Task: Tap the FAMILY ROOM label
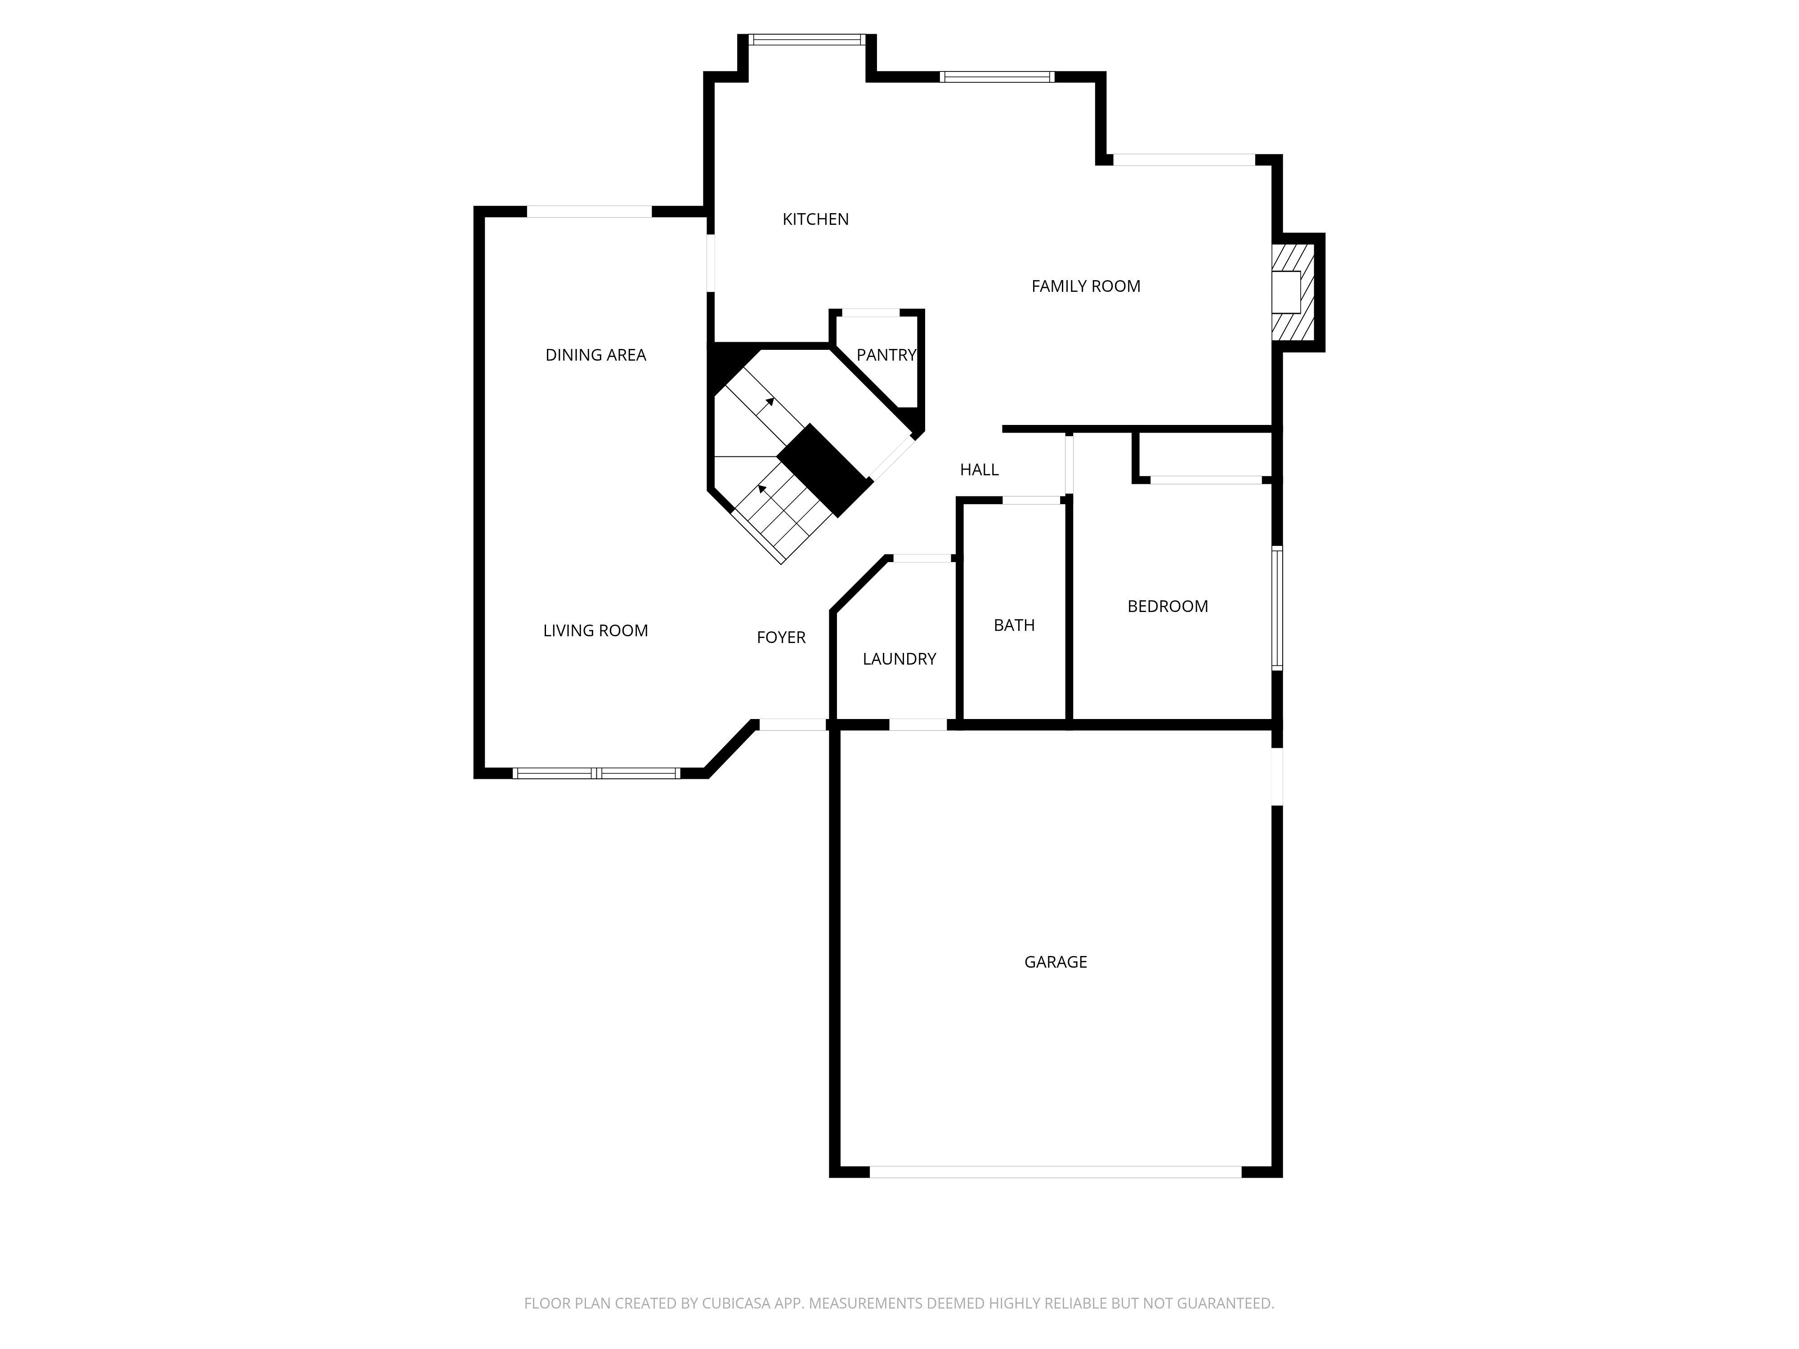tap(1086, 286)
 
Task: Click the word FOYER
tap(781, 638)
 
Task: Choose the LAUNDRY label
tap(899, 659)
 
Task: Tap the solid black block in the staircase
tap(825, 470)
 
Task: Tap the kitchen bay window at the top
tap(807, 39)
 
